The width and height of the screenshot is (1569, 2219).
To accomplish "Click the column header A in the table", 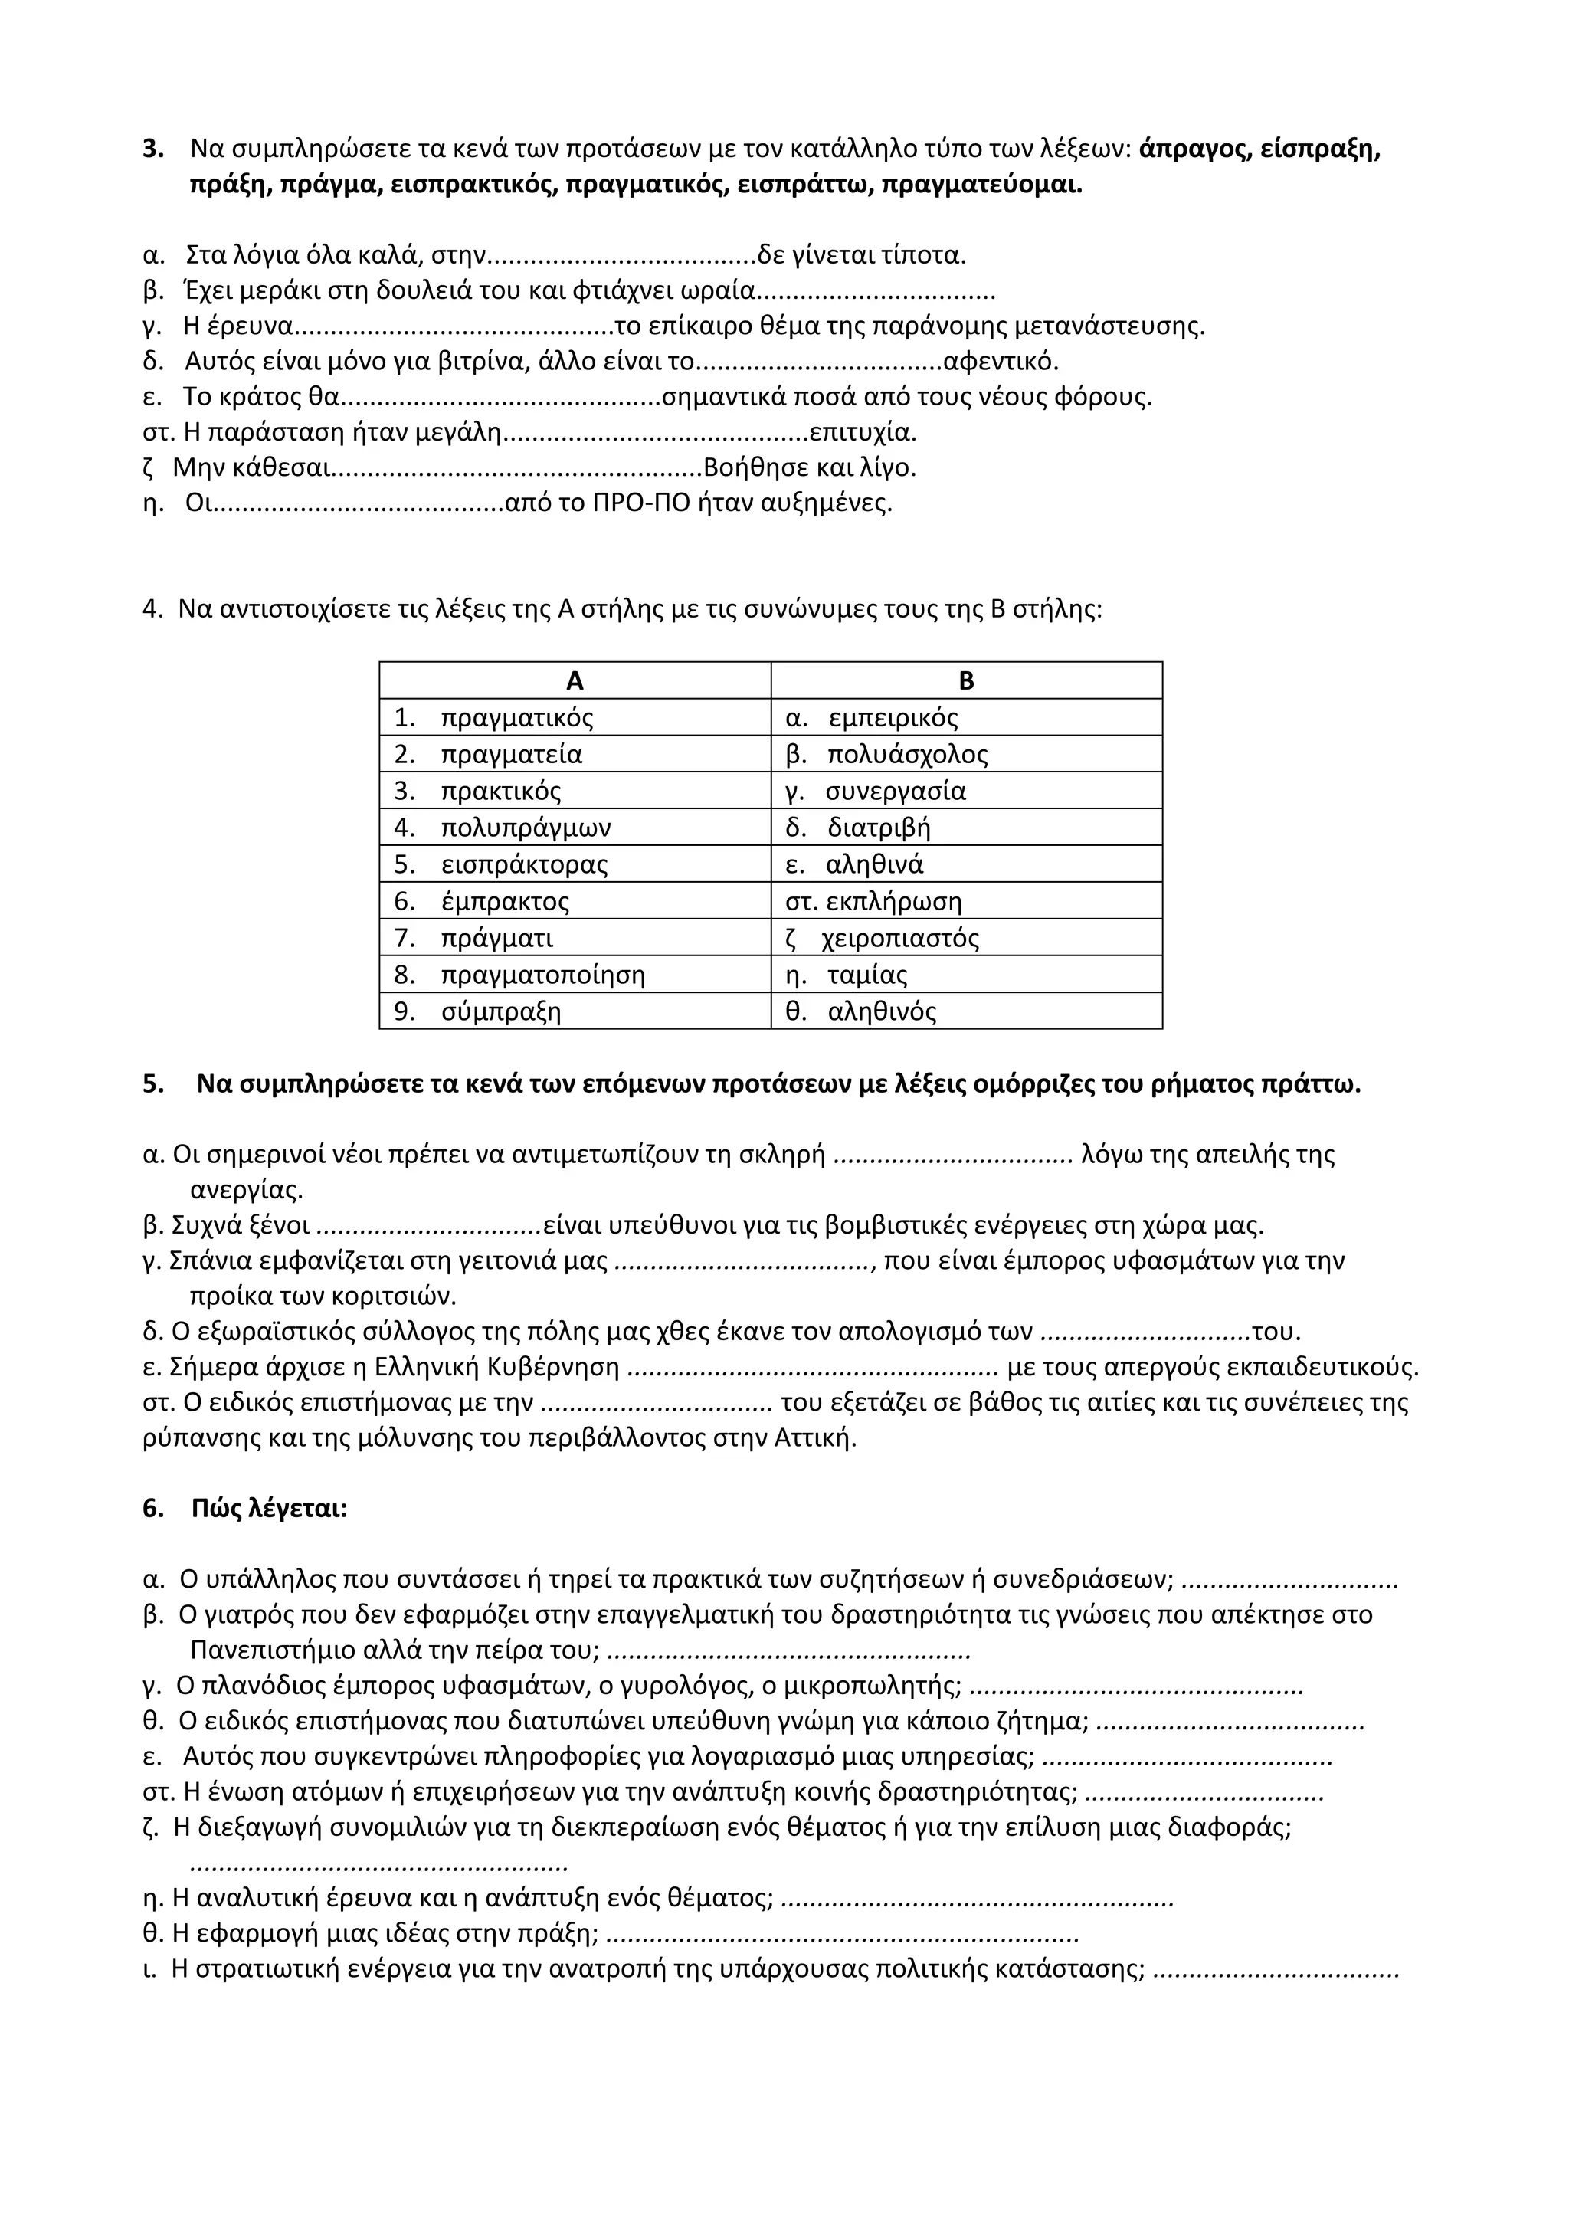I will pos(575,681).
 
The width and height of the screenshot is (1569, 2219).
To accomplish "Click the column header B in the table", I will pos(966,681).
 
